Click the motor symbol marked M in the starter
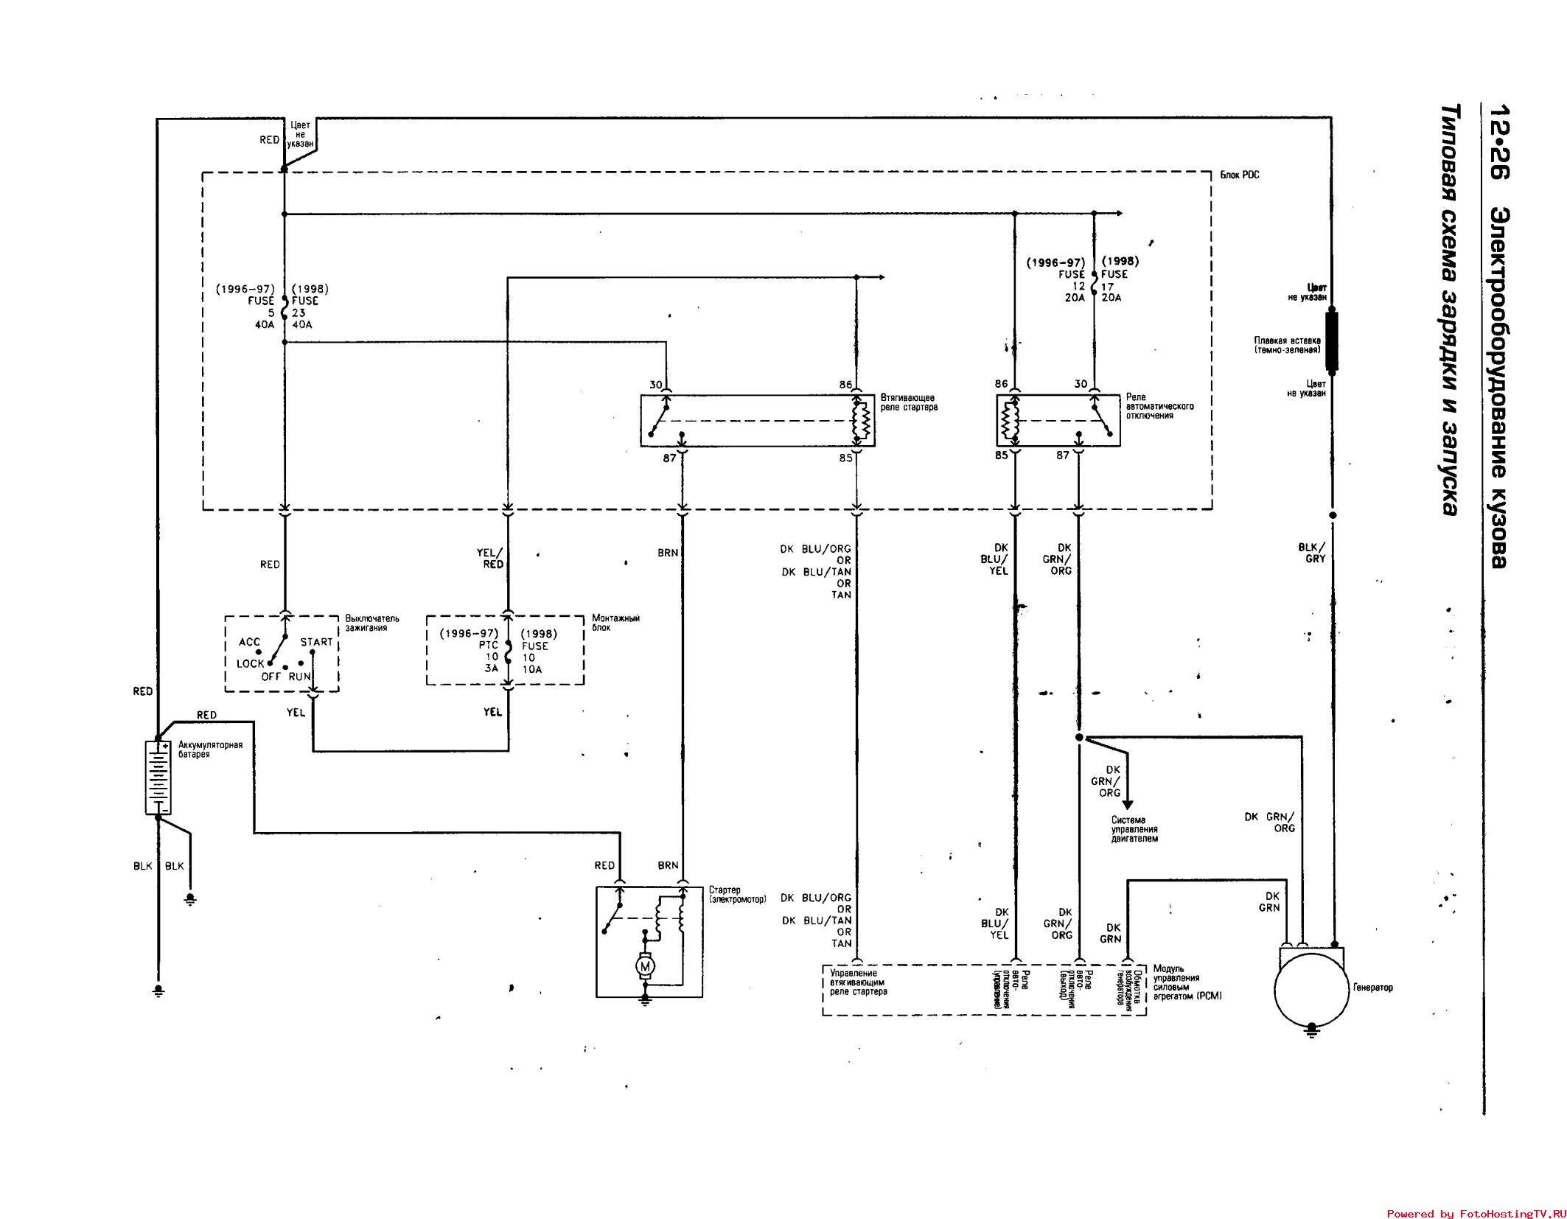point(646,965)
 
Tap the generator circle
point(1311,989)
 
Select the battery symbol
point(158,777)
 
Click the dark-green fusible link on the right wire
point(1331,340)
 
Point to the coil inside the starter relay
point(862,421)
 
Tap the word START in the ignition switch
point(316,642)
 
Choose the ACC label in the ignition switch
point(250,643)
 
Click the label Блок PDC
point(1240,175)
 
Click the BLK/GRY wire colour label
point(1311,553)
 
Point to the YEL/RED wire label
point(491,559)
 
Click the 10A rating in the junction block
point(531,669)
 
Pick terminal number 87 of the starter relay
point(669,458)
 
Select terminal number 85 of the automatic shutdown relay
point(1001,455)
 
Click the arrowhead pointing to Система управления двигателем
point(1127,805)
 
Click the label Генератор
point(1372,987)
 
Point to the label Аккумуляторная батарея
point(210,750)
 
